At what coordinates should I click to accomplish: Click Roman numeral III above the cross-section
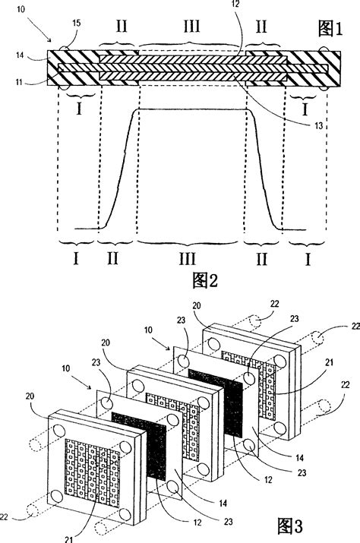point(193,28)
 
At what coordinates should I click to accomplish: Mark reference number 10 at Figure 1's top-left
point(20,8)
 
